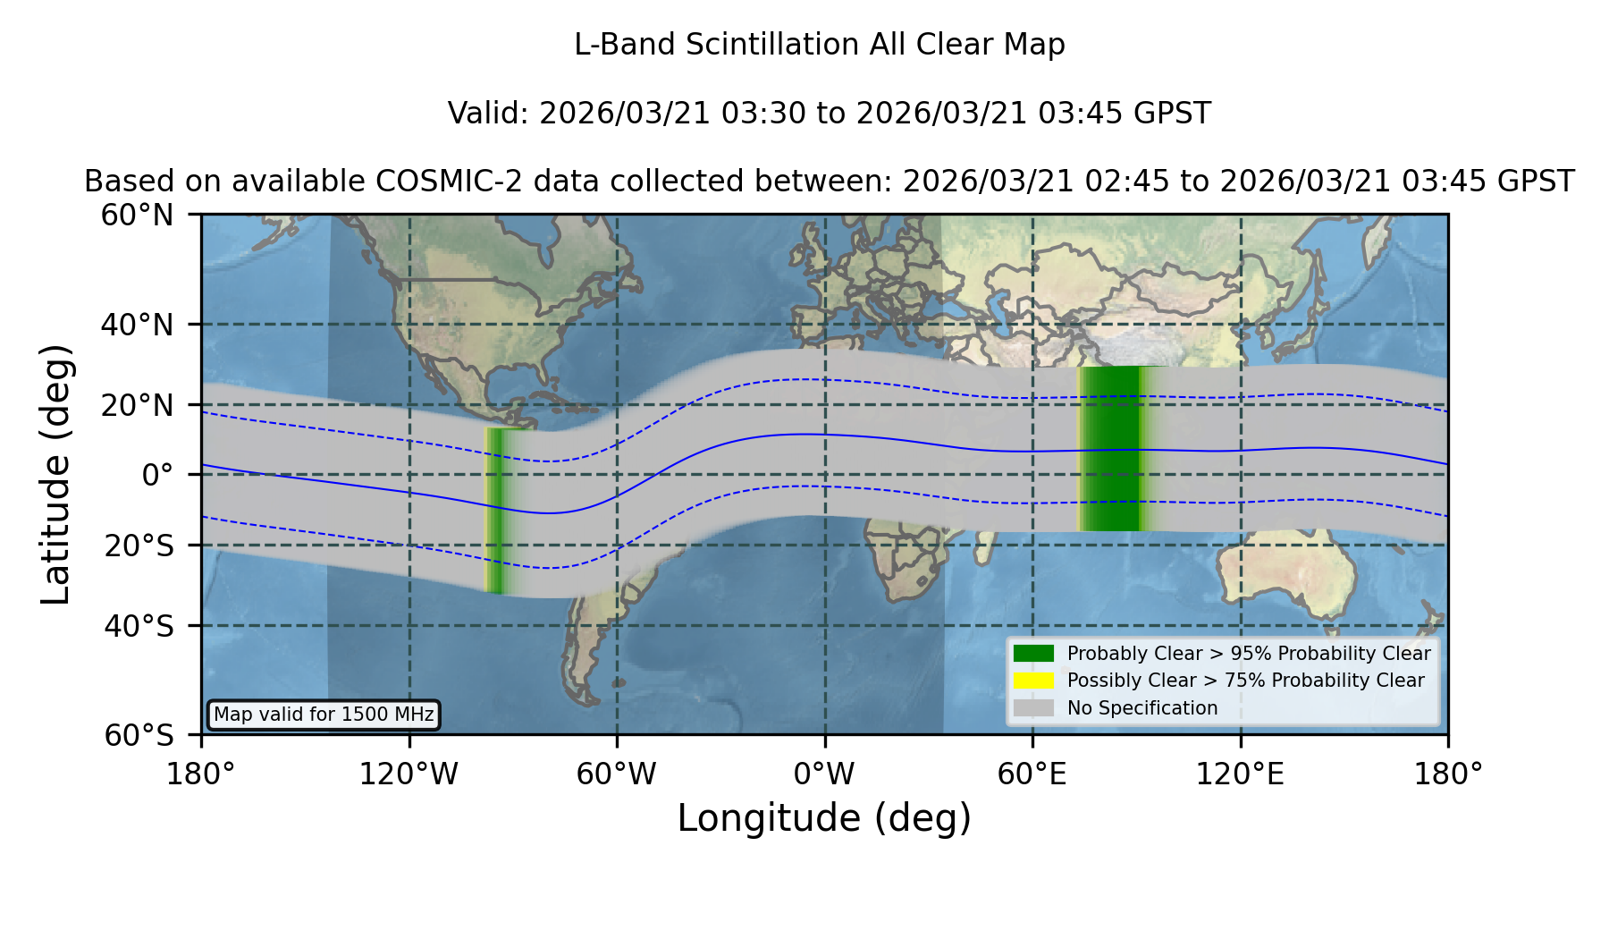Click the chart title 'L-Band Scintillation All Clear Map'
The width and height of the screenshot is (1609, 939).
tap(819, 45)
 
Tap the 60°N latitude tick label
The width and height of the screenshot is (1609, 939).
tap(137, 216)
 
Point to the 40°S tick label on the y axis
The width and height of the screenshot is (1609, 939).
tap(139, 626)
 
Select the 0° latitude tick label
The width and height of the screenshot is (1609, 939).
tap(157, 475)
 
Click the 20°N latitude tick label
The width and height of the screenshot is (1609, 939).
tap(137, 405)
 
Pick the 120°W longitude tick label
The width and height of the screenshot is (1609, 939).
tap(409, 774)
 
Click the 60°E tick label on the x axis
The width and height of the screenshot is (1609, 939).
tap(1032, 774)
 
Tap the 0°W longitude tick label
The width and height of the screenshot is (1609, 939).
tap(824, 774)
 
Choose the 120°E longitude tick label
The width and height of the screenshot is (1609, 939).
tap(1240, 774)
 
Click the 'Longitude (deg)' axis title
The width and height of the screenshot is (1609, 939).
tap(824, 818)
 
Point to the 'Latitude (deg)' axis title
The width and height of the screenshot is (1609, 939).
tap(55, 474)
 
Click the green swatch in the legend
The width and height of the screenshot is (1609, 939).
tap(1034, 654)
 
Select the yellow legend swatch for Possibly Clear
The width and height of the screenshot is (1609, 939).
tap(1034, 681)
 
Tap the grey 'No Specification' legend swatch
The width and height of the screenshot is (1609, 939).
tap(1034, 708)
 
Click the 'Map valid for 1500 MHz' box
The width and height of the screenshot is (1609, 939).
tap(324, 715)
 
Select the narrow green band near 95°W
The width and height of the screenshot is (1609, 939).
tap(496, 510)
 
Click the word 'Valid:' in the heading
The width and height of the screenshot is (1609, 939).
tap(489, 114)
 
